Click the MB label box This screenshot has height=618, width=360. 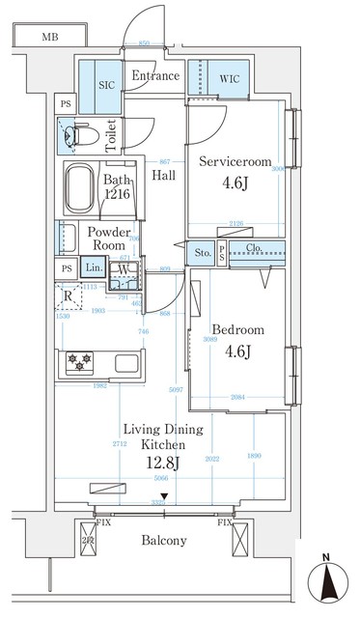click(48, 38)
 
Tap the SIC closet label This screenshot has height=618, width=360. click(107, 84)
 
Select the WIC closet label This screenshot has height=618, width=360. click(229, 77)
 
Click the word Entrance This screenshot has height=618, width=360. click(155, 75)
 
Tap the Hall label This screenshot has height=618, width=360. click(165, 175)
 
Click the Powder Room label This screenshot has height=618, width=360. click(109, 239)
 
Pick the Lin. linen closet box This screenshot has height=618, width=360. click(94, 267)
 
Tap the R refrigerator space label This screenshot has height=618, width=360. click(67, 296)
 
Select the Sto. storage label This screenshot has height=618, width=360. click(203, 254)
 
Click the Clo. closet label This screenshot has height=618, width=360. click(255, 248)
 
